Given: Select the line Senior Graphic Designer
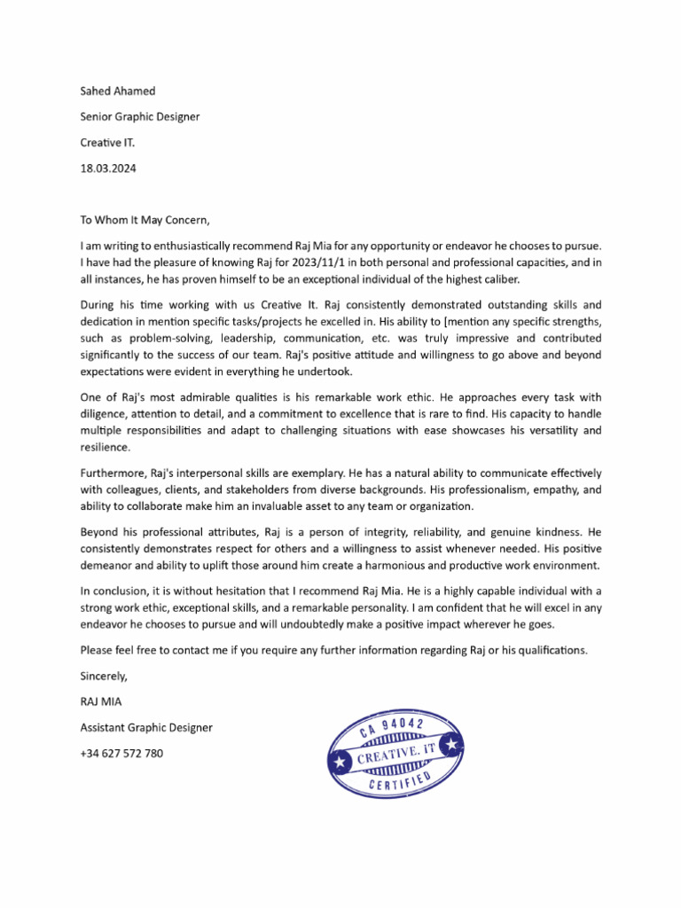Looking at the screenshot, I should (140, 116).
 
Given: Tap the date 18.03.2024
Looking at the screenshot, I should (109, 168).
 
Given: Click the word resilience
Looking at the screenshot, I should (105, 448).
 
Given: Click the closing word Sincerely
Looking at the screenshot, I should (104, 676).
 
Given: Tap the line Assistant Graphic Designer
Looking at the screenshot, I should (146, 727).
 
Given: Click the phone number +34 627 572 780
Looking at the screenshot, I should (121, 753).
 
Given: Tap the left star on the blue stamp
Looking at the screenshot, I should (339, 761).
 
